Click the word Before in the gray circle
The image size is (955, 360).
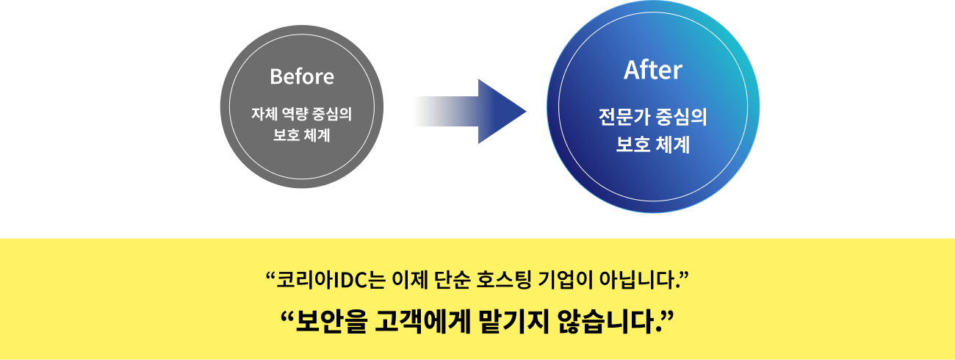301,76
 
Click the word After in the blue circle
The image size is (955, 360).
652,71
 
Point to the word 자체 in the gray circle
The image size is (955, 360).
264,115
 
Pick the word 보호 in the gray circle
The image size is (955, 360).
284,136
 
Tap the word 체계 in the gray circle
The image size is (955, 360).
318,136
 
